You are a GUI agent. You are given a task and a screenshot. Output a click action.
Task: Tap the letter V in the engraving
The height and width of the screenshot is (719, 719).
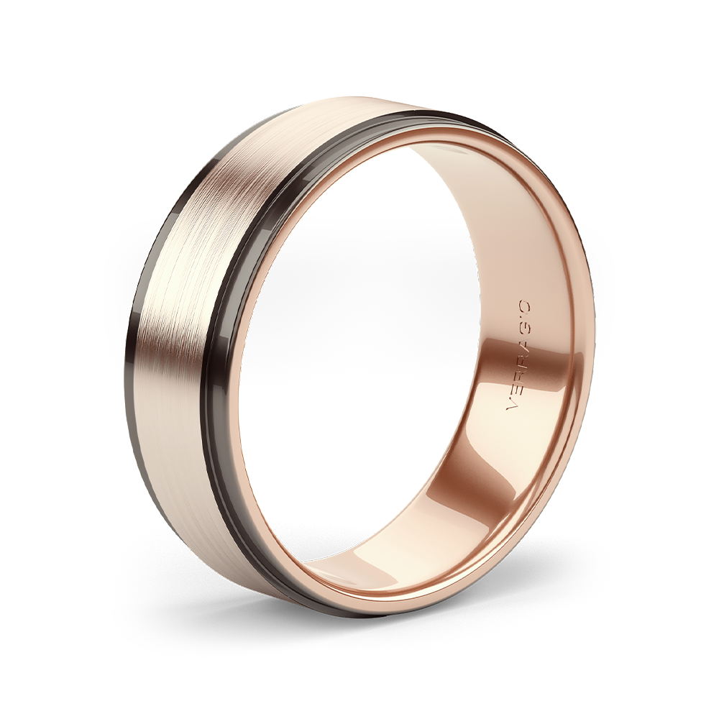[x=510, y=406]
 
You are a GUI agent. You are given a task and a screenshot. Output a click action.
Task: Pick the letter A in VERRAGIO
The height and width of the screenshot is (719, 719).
[x=521, y=338]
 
